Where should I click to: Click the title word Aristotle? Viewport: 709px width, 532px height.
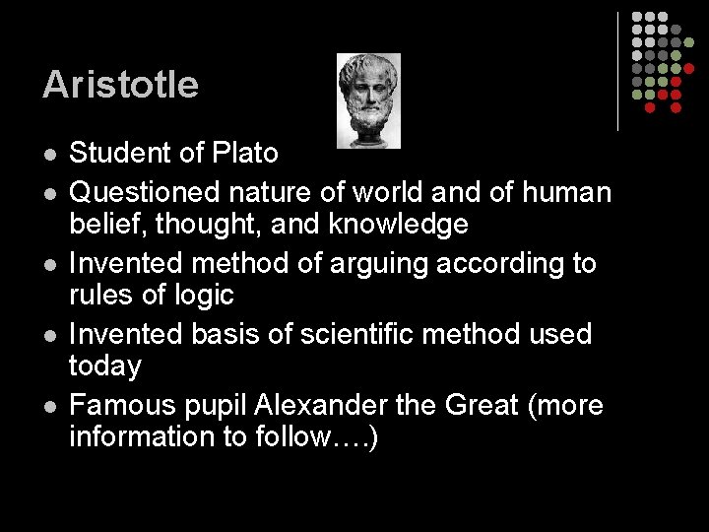pos(120,85)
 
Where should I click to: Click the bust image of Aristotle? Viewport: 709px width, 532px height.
pos(368,100)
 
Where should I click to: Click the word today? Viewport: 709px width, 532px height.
pos(104,366)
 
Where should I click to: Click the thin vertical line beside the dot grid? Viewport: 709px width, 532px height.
pos(617,71)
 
